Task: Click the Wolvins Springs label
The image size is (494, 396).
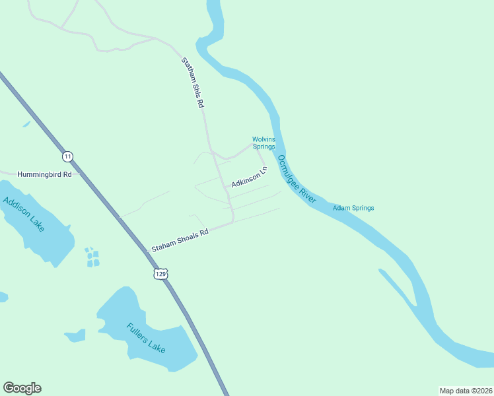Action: click(x=263, y=143)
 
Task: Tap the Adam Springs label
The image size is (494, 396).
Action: click(x=353, y=208)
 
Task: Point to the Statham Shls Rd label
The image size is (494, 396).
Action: click(x=194, y=83)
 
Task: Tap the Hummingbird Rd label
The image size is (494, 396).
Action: click(x=44, y=174)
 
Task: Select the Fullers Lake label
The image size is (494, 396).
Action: click(x=147, y=337)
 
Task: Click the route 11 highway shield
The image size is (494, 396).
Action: click(x=67, y=156)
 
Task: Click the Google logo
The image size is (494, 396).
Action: click(x=22, y=388)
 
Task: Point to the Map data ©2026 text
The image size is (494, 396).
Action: click(x=466, y=391)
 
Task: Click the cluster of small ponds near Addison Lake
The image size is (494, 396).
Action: click(x=92, y=258)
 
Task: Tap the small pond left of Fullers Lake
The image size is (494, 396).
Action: click(x=75, y=335)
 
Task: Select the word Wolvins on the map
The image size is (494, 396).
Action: click(x=263, y=139)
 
